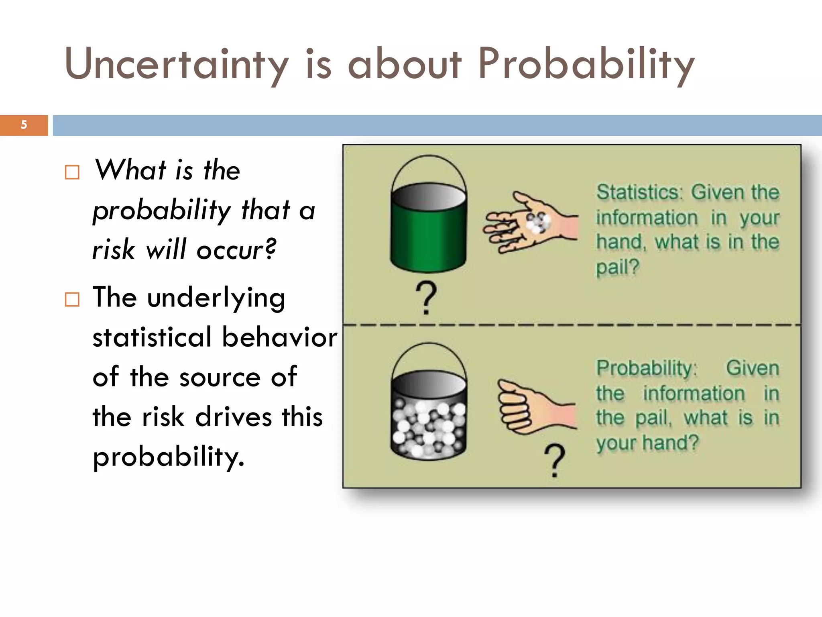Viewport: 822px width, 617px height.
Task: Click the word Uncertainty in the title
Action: pyautogui.click(x=177, y=64)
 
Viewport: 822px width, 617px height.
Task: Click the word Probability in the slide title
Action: pyautogui.click(x=586, y=64)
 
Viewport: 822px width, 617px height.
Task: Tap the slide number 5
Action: pyautogui.click(x=24, y=125)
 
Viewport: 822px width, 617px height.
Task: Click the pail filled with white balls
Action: pyautogui.click(x=428, y=418)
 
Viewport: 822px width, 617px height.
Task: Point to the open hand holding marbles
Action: pyautogui.click(x=530, y=223)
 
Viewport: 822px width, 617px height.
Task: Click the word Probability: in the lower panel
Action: pyautogui.click(x=647, y=368)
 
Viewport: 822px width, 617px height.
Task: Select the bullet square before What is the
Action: pyautogui.click(x=72, y=172)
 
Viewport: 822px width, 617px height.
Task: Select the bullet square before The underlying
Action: pyautogui.click(x=72, y=299)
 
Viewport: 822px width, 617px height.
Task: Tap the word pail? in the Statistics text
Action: pyautogui.click(x=617, y=267)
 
